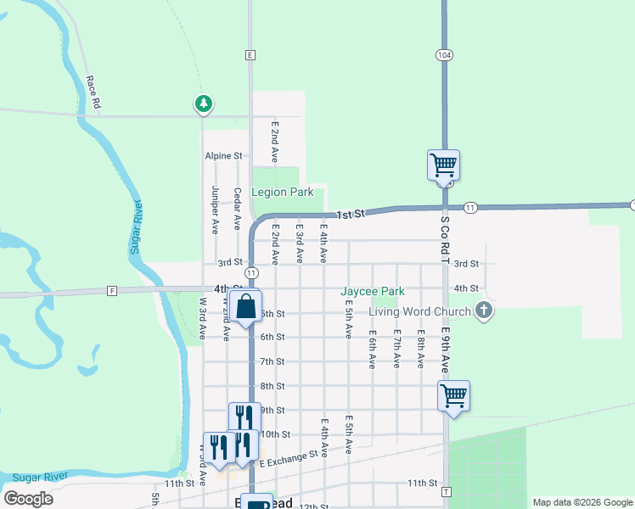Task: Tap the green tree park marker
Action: point(203,103)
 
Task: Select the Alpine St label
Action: point(223,156)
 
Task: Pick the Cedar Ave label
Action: point(238,209)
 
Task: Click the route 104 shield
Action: point(444,54)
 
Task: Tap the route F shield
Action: point(112,291)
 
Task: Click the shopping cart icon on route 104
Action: point(443,164)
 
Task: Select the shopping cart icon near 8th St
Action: point(454,395)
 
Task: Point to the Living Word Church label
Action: point(419,311)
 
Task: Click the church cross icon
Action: point(484,310)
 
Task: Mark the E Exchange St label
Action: point(290,456)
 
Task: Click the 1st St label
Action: point(349,215)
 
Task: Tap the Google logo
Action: point(28,499)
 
